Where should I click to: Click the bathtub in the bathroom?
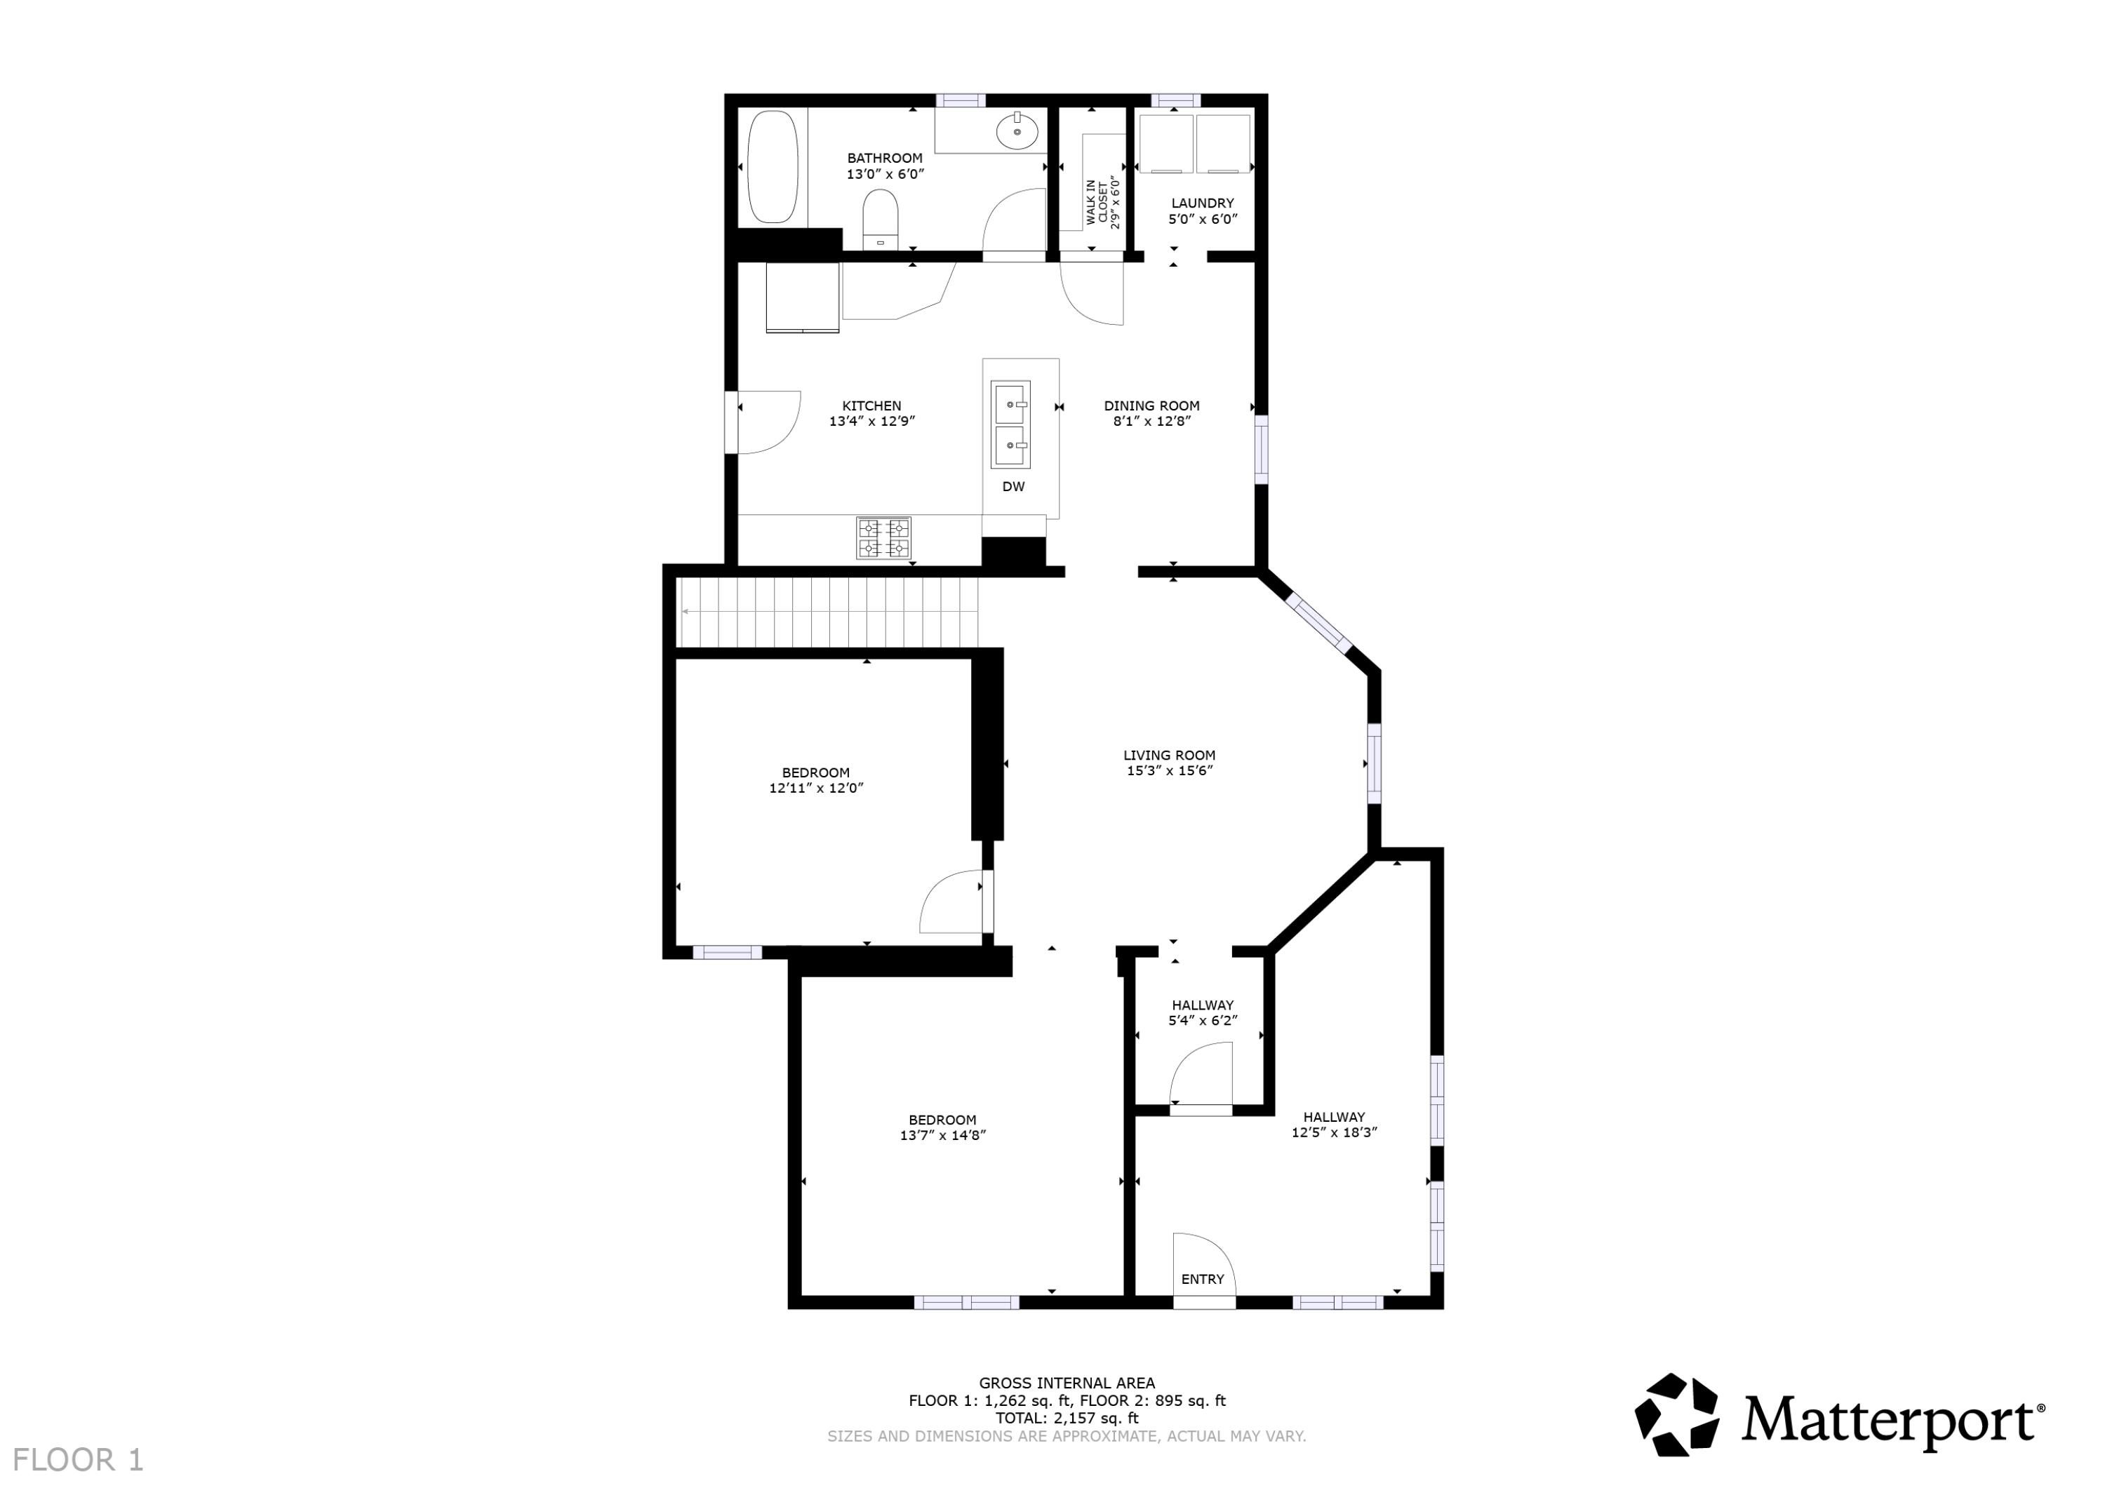772,167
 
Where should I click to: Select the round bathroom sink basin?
1017,131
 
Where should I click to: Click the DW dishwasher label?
1013,487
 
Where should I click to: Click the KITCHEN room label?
872,405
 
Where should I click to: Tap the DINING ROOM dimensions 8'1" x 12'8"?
1151,422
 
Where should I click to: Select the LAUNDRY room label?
1202,203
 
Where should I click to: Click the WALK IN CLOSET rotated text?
1102,202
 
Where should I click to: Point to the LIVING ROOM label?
1169,756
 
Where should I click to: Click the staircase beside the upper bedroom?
828,612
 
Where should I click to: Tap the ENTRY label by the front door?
1202,1279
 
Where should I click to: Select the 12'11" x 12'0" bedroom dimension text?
816,788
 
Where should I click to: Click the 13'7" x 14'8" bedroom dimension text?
942,1135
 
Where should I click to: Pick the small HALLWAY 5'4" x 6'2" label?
1202,1005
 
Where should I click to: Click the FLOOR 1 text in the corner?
79,1459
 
